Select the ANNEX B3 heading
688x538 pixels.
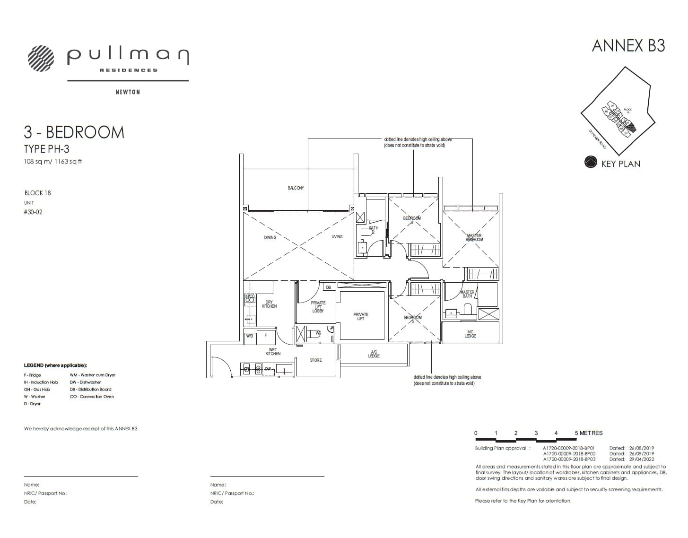click(x=628, y=45)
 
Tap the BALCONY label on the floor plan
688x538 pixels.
click(x=296, y=188)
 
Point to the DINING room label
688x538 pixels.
click(x=270, y=237)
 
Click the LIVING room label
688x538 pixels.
click(x=337, y=236)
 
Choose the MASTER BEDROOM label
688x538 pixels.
click(x=474, y=238)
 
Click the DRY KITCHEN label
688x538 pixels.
click(x=269, y=304)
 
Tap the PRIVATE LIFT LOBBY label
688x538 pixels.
click(x=318, y=307)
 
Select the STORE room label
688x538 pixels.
click(x=316, y=360)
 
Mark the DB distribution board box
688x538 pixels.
click(x=329, y=287)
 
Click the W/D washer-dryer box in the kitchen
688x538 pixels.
click(x=250, y=336)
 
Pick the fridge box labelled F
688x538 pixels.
click(x=266, y=336)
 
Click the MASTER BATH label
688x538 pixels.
click(x=467, y=294)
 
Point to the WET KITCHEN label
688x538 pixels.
click(x=273, y=352)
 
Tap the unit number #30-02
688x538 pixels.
click(x=33, y=212)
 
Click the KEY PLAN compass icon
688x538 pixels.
click(x=591, y=163)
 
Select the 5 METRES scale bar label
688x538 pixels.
click(x=589, y=433)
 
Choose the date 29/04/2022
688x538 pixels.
click(x=642, y=459)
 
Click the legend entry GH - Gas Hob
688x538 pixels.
click(x=37, y=390)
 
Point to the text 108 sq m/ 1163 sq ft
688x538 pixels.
click(x=53, y=162)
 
